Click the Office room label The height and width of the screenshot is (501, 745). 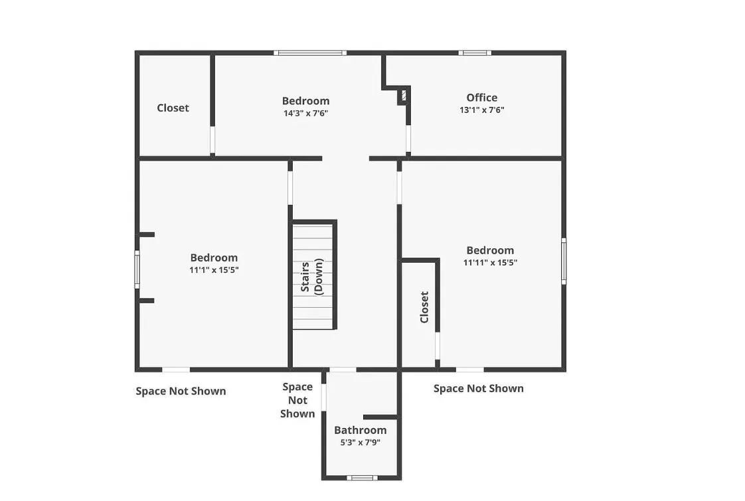[482, 98]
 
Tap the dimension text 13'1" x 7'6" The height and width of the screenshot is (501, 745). [482, 109]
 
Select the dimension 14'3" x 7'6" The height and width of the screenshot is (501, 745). [306, 113]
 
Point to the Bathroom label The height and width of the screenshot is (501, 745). [360, 430]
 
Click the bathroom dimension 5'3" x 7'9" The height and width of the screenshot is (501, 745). [360, 443]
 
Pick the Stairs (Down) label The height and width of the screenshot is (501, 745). [312, 277]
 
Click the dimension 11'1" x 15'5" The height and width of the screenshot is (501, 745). [214, 269]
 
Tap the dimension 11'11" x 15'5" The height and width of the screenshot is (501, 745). [490, 262]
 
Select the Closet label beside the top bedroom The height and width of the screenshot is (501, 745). [173, 107]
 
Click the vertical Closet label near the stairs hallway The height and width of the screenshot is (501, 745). [424, 307]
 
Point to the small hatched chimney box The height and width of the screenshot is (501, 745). [404, 96]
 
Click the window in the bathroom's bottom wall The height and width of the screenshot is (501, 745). [362, 478]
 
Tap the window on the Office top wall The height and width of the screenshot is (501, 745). [475, 52]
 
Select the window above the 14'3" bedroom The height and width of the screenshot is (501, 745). [310, 52]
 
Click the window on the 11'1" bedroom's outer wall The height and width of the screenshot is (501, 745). [137, 269]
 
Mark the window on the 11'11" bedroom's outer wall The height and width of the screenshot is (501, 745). [564, 261]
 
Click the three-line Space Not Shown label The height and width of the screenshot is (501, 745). [297, 400]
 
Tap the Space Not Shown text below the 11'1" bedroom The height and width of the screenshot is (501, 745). [181, 392]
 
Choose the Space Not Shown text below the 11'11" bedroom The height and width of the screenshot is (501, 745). [479, 388]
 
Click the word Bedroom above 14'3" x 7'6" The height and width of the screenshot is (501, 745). [306, 101]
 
